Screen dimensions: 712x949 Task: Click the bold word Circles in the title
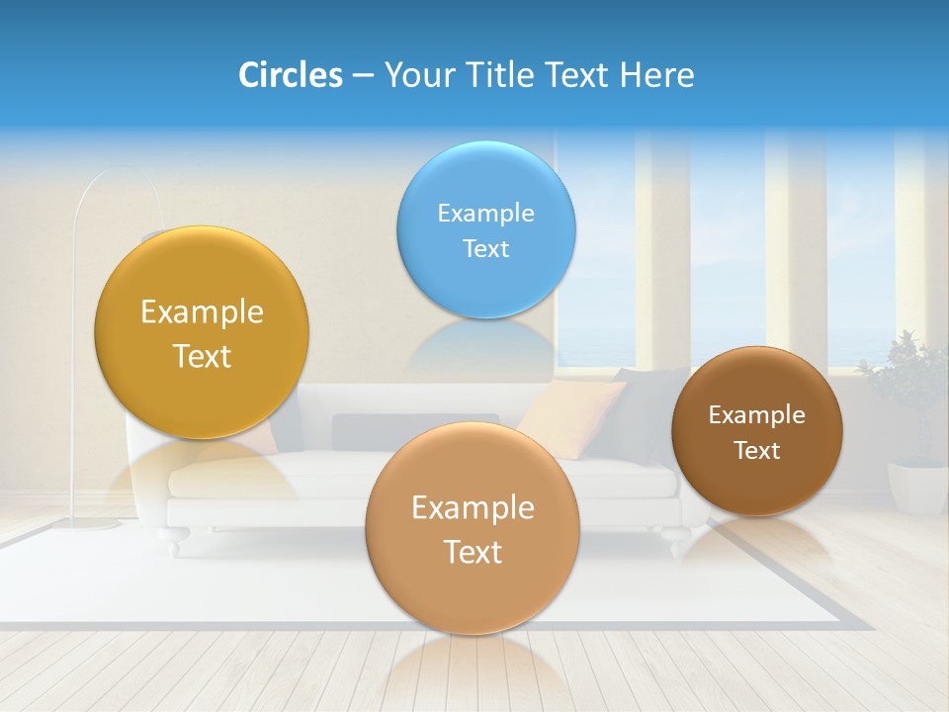(290, 74)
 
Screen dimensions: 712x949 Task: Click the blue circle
(485, 229)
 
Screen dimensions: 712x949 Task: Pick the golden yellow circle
(202, 332)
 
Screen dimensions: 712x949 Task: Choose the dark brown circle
(757, 431)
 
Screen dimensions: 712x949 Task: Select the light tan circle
(473, 528)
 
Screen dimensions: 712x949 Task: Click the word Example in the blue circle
(485, 213)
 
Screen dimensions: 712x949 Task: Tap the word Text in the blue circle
(485, 248)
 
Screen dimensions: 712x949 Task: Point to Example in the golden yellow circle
(202, 311)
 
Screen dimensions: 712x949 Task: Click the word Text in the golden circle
(202, 356)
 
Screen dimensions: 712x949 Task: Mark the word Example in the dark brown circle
(757, 414)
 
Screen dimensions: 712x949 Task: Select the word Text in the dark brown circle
(757, 450)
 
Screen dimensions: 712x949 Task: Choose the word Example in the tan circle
(473, 507)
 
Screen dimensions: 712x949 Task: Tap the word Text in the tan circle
(473, 552)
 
